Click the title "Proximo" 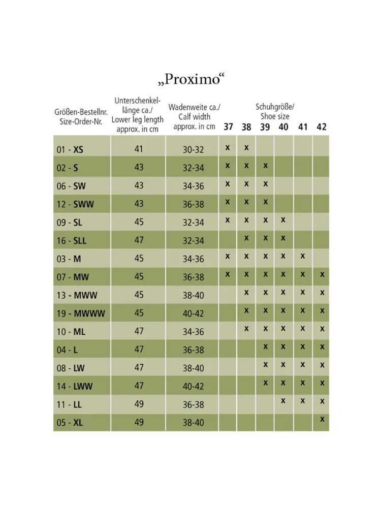click(190, 79)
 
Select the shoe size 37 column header click(228, 126)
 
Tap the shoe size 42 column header click(322, 126)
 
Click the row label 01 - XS click(70, 149)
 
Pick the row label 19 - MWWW click(81, 313)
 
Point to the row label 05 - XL click(70, 423)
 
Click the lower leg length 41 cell click(139, 149)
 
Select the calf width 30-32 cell click(193, 150)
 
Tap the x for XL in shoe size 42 click(322, 419)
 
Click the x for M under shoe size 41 click(303, 256)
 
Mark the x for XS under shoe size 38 click(246, 147)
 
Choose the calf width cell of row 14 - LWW click(193, 387)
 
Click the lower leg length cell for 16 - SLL click(139, 240)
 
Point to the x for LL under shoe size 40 click(283, 401)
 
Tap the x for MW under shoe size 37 click(228, 274)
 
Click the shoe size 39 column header click(265, 126)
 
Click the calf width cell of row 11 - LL click(193, 405)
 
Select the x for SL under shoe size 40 click(283, 220)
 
